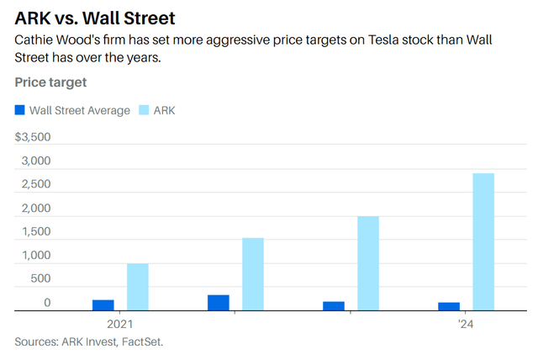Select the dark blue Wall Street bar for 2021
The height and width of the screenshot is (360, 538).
point(103,305)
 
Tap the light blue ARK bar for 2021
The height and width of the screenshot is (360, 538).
point(138,288)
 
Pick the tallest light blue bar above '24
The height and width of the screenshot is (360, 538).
point(483,242)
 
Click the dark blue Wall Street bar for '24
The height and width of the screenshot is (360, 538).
point(449,307)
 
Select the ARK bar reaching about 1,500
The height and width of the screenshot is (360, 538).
point(253,274)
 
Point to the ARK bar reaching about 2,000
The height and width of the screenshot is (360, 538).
point(368,263)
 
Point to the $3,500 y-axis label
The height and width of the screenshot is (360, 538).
point(34,137)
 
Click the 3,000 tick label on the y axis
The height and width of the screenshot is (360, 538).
point(36,161)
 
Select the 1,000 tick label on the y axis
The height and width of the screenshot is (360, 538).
point(36,255)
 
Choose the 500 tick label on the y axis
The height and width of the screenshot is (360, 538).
point(40,278)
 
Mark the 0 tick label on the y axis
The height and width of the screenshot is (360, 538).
point(48,303)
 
